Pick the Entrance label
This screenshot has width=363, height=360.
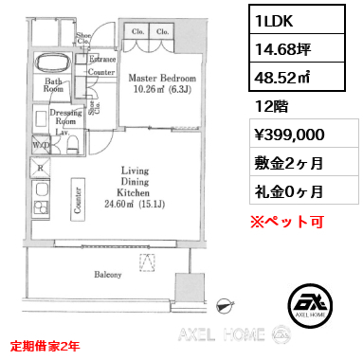(x=101, y=59)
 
